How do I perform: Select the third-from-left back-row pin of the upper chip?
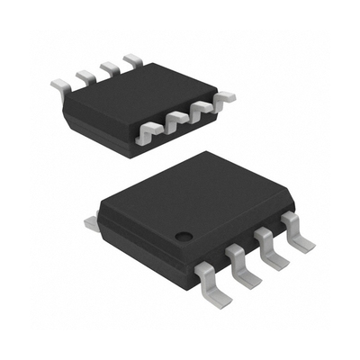(108, 67)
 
